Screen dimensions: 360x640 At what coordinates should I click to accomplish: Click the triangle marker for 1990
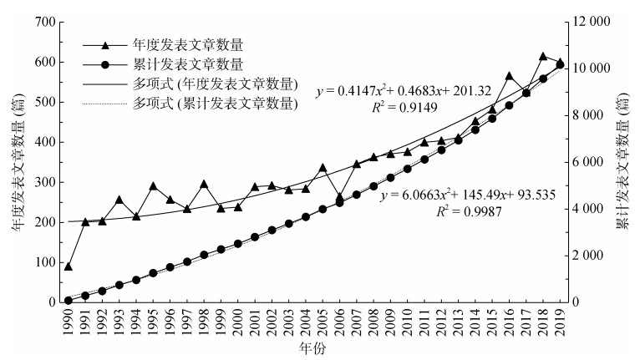(x=68, y=266)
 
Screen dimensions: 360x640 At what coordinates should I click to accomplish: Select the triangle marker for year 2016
(x=509, y=76)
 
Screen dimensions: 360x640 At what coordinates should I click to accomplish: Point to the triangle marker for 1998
(x=204, y=184)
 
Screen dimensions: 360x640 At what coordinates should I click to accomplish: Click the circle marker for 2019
(x=560, y=64)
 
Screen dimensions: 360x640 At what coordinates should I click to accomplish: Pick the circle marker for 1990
(x=68, y=300)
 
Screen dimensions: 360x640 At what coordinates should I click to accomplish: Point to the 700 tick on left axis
(x=43, y=22)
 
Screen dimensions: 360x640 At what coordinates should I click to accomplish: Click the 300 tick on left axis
(x=43, y=182)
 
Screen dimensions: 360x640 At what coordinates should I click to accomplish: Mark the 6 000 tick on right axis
(x=597, y=162)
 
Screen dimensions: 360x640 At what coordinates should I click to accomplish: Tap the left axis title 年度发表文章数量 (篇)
(x=14, y=162)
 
